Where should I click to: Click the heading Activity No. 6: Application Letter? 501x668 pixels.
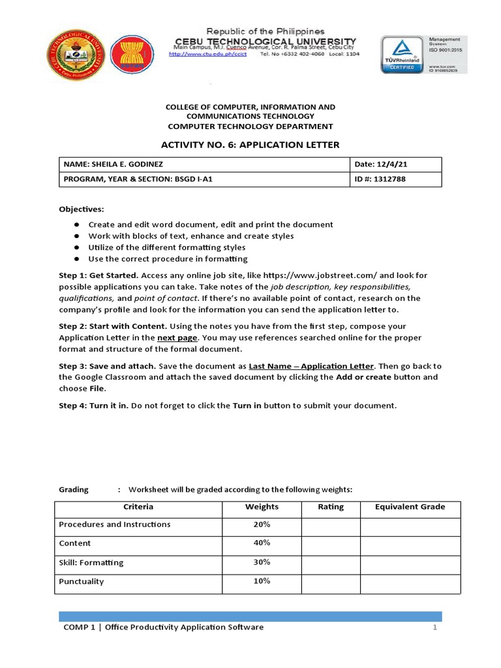coord(250,145)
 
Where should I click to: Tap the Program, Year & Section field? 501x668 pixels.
coord(138,179)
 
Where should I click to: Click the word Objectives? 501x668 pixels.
coord(81,209)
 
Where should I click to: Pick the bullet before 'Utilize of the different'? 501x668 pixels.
coord(76,248)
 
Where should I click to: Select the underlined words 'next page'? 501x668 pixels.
coord(176,338)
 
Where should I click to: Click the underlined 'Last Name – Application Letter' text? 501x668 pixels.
coord(311,366)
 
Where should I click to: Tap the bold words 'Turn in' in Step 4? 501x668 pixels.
coord(247,406)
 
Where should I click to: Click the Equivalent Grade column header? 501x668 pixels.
coord(410,507)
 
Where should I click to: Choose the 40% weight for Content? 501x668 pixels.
coord(262,543)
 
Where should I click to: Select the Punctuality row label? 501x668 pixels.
coord(82,581)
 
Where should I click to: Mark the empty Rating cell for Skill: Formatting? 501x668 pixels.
coord(330,562)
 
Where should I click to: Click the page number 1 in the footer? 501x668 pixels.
coord(433,628)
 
